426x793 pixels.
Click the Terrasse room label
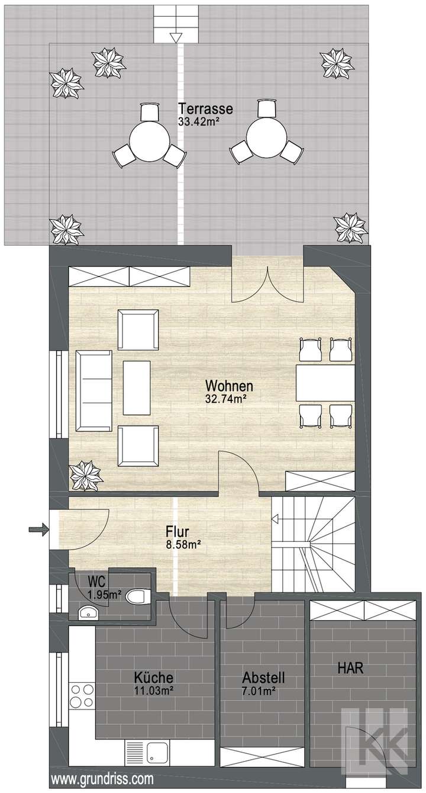[x=205, y=109]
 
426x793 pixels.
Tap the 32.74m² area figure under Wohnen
[x=225, y=399]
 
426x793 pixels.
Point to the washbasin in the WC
[x=88, y=613]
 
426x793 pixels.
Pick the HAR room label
[x=350, y=667]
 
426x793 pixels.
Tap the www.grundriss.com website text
[x=103, y=778]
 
